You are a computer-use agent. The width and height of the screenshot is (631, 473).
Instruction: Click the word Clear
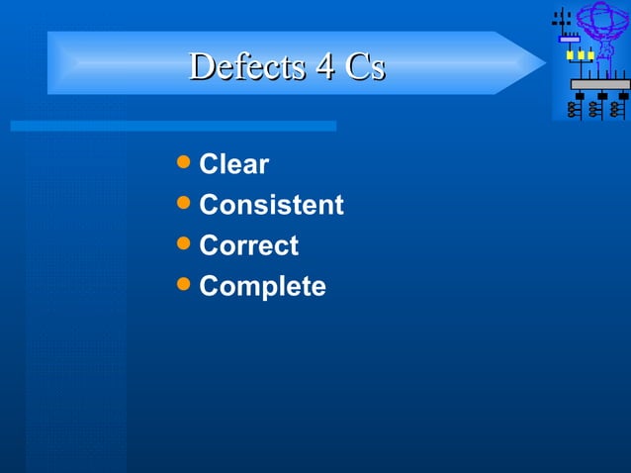[233, 164]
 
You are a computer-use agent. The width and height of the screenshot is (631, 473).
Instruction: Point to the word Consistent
[271, 205]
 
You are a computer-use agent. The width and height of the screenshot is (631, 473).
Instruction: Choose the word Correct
[248, 245]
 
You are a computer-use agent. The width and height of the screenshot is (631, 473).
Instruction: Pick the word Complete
[262, 286]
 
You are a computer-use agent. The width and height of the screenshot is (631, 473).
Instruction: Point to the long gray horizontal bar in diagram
[599, 84]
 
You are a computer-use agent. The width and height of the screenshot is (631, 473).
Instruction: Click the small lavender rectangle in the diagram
[569, 40]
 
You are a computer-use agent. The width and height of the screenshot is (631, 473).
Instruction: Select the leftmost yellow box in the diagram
[570, 55]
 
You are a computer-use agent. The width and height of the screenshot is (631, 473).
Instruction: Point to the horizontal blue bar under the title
[173, 126]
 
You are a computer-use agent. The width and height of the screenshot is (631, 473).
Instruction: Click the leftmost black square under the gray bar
[579, 96]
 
